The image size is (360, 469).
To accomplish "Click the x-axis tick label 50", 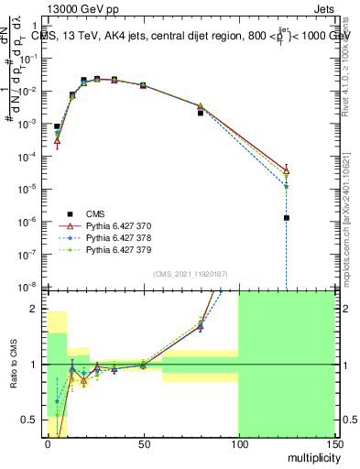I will coord(143,443).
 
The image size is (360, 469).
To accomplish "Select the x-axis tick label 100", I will coord(238,443).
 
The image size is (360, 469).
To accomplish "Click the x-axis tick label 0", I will coord(48,443).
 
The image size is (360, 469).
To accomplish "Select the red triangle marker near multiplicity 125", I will coord(287,169).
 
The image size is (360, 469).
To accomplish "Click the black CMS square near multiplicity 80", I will coord(200,113).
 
